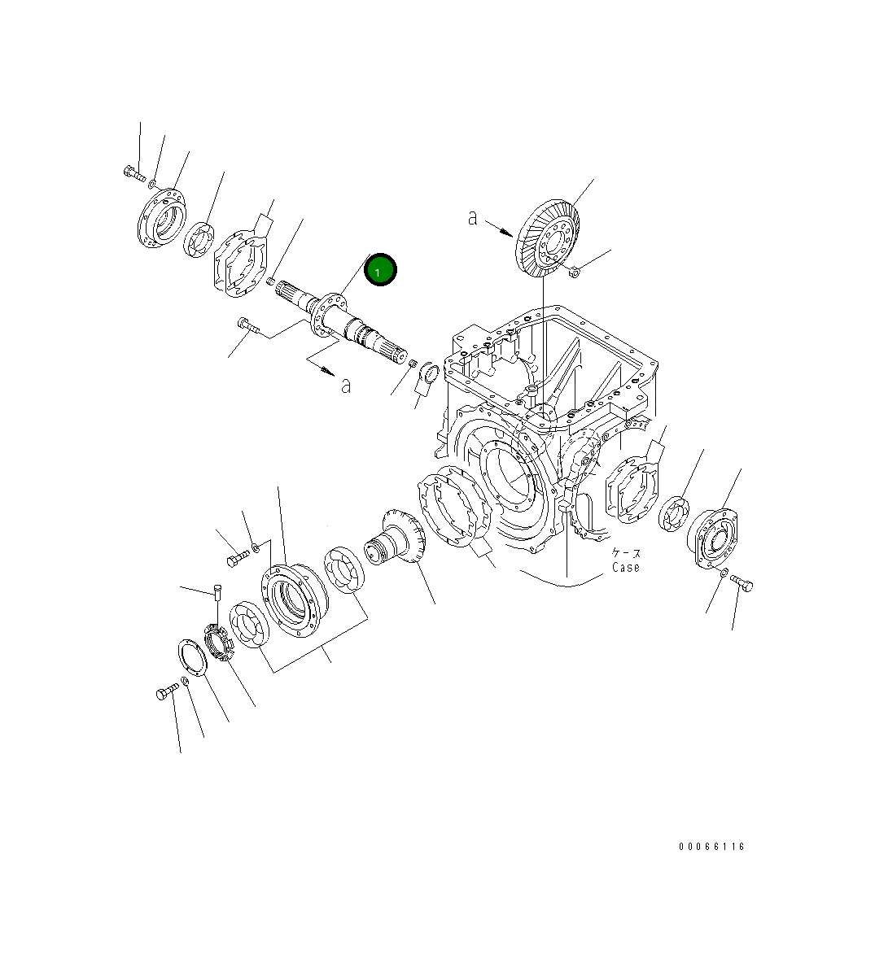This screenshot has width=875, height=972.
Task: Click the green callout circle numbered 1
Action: click(x=380, y=270)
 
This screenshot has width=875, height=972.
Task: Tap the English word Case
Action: click(x=625, y=567)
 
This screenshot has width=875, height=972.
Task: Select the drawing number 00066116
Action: click(x=711, y=846)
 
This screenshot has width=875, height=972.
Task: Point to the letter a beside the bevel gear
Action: click(x=473, y=217)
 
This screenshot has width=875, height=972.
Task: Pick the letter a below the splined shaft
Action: click(x=346, y=386)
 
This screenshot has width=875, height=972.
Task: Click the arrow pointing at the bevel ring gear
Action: click(x=499, y=228)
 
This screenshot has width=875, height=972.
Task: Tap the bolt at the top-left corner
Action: click(x=134, y=173)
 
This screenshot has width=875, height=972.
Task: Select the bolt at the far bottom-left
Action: click(x=168, y=692)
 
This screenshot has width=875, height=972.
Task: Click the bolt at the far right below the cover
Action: click(x=742, y=582)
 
